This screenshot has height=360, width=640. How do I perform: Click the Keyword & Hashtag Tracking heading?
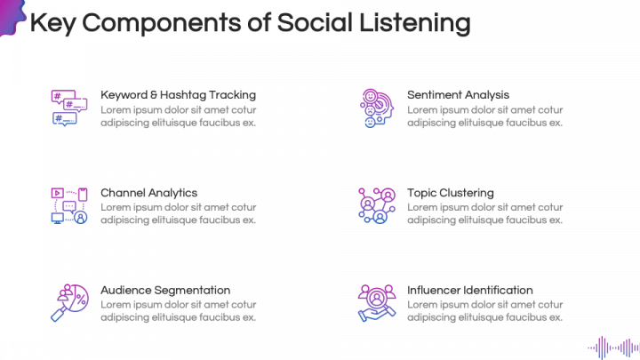click(178, 94)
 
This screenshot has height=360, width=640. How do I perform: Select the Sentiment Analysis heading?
click(458, 94)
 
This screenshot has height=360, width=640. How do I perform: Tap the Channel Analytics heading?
click(148, 192)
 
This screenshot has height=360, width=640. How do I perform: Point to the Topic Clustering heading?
click(450, 192)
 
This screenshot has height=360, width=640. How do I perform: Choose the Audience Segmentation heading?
click(165, 290)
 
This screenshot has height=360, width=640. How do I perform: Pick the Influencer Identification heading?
click(469, 290)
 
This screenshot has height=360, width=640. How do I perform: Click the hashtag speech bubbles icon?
click(68, 108)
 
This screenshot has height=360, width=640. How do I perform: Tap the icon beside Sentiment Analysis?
click(374, 108)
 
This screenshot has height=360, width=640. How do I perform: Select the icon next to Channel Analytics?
click(68, 205)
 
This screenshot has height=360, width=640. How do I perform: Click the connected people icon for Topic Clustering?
click(375, 205)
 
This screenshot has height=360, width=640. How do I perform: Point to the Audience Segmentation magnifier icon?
click(68, 303)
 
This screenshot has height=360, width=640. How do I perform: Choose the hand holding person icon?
click(375, 303)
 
